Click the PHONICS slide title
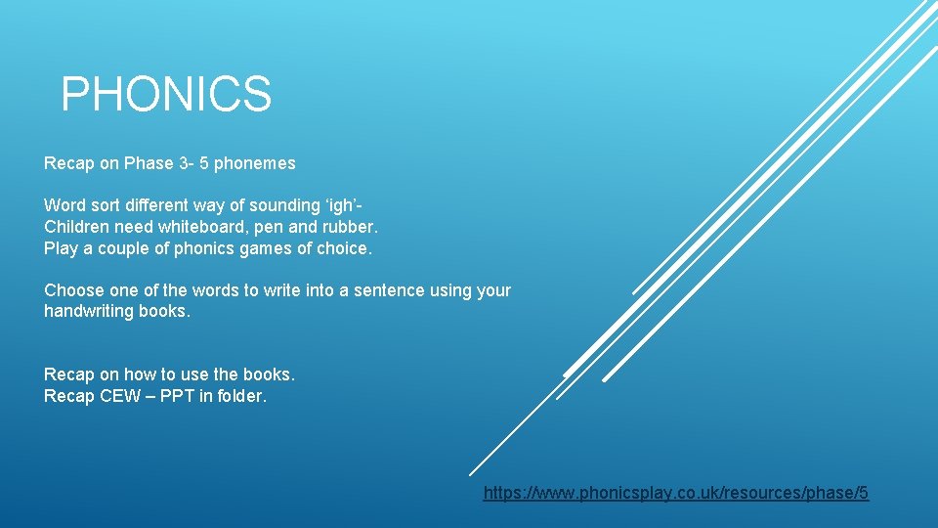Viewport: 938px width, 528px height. (x=166, y=95)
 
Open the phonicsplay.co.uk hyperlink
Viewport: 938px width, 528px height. (x=675, y=493)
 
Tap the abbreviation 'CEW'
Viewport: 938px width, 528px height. (x=121, y=396)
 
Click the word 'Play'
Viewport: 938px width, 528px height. (x=61, y=248)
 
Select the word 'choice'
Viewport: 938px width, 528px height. (x=343, y=248)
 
